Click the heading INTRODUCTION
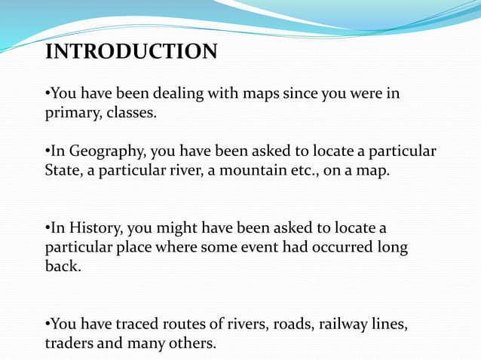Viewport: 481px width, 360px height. click(131, 52)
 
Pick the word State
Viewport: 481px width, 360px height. click(62, 170)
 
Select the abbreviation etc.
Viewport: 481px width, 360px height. click(303, 170)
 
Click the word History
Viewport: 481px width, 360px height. click(91, 227)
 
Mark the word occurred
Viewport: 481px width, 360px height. click(323, 247)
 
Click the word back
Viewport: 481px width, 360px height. click(62, 266)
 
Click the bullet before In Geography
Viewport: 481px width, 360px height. click(47, 151)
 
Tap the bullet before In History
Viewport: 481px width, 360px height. click(47, 227)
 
